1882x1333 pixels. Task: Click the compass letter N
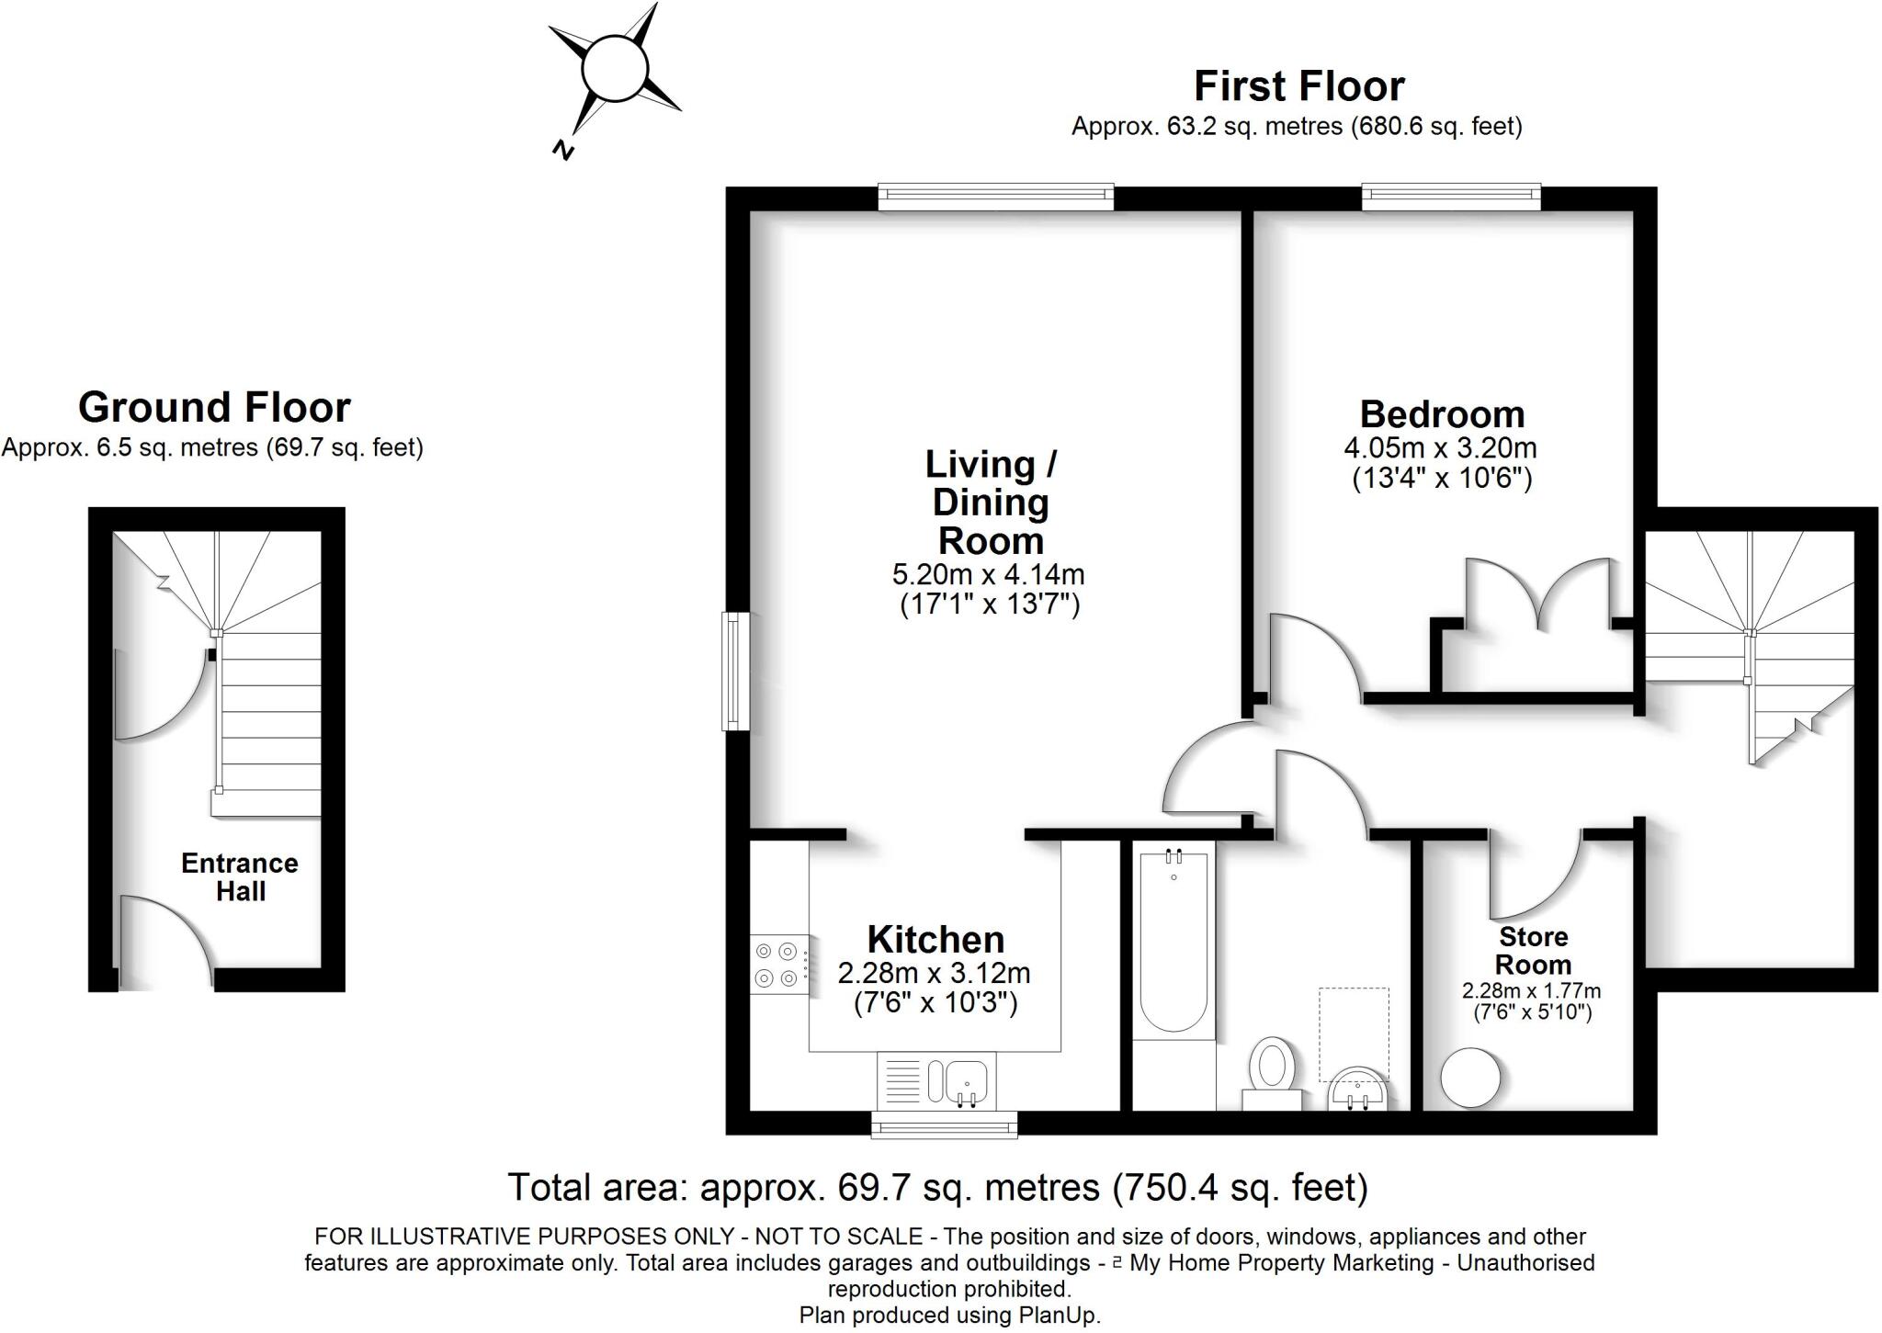[563, 150]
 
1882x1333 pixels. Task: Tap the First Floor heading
[1298, 86]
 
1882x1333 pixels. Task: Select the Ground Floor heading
[214, 408]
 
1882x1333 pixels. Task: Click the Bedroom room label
[1442, 414]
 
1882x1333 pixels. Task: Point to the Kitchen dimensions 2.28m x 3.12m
[934, 973]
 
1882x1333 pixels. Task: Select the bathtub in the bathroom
[1173, 942]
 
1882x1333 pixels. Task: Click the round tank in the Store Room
[1470, 1078]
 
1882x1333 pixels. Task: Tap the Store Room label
[1533, 951]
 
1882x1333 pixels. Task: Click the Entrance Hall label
[240, 877]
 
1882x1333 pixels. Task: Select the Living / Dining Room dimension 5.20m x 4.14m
[989, 575]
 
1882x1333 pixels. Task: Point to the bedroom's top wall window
[1451, 194]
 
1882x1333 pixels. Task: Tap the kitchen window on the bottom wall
[944, 1124]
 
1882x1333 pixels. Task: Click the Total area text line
[937, 1188]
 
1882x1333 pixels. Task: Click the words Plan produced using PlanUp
[949, 1315]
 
